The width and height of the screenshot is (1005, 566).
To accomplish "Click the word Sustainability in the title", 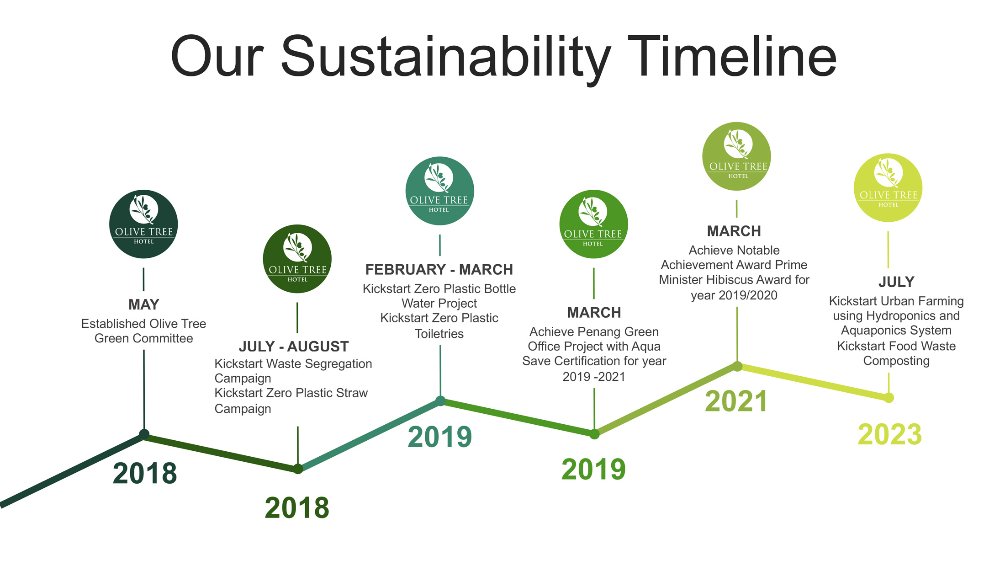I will click(445, 57).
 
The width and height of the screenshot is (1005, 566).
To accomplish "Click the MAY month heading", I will click(143, 304).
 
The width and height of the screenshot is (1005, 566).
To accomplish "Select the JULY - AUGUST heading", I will click(294, 347).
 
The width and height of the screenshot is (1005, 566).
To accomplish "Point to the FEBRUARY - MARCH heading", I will click(439, 270).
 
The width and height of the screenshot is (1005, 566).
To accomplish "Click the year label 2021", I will click(735, 401).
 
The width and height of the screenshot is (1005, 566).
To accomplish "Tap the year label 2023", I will click(889, 434).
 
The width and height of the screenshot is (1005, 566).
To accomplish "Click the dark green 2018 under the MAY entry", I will click(144, 473).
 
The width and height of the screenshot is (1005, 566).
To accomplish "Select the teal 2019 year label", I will click(439, 437).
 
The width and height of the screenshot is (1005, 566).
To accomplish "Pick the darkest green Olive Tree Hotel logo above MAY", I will click(143, 224).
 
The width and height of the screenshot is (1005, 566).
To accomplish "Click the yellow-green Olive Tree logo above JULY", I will click(888, 188).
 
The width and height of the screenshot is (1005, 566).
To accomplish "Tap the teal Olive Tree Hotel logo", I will click(439, 191).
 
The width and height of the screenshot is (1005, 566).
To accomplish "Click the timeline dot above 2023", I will click(889, 398).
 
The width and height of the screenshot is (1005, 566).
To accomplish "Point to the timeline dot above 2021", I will click(737, 366).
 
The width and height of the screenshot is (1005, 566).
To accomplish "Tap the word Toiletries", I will click(439, 334).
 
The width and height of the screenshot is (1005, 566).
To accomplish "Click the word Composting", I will click(896, 361).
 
